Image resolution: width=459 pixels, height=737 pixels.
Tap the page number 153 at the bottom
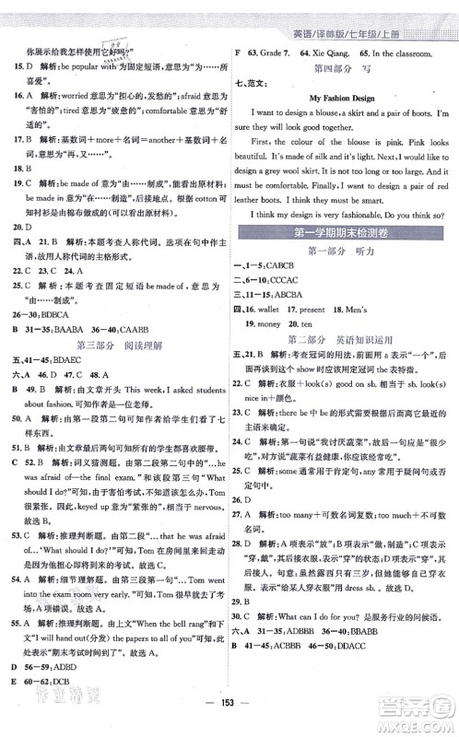(229, 717)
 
